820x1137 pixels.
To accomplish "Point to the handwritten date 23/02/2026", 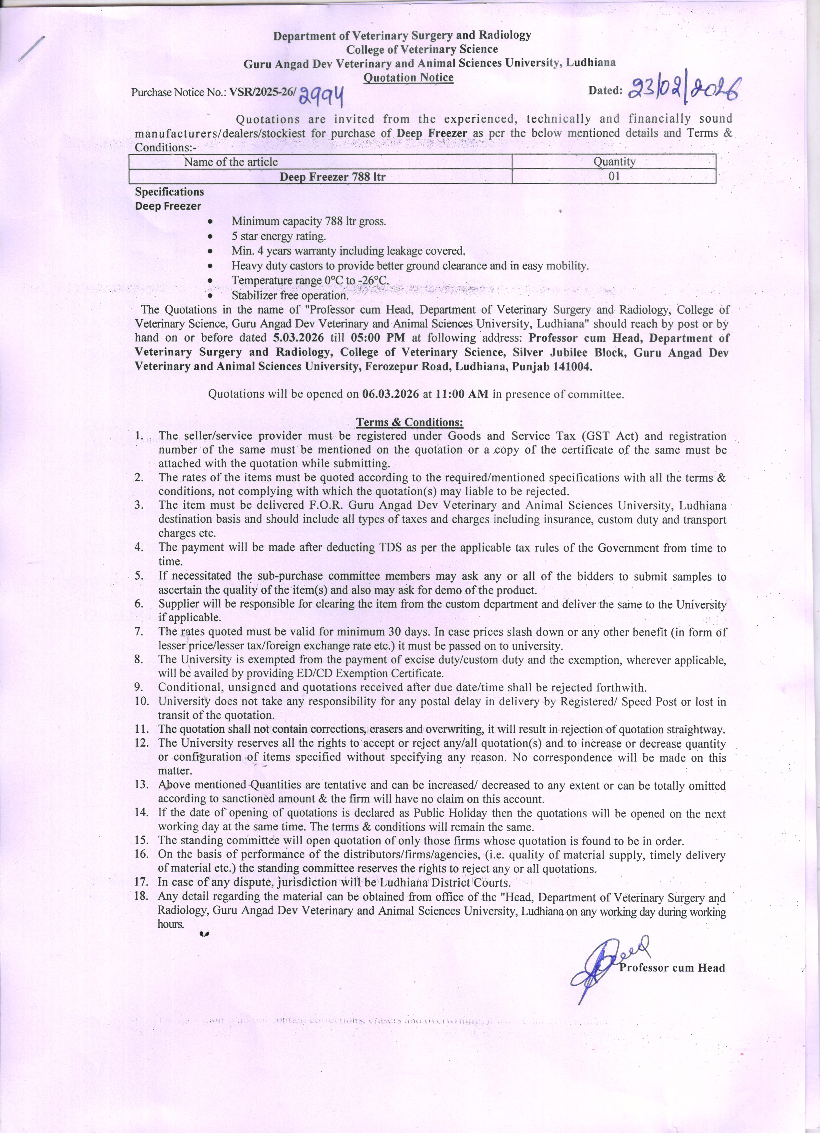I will click(x=685, y=90).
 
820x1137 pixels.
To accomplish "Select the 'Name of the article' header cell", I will click(x=231, y=161).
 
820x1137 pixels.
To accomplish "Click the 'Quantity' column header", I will click(x=614, y=161).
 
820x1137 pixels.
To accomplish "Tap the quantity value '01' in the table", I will click(x=614, y=176).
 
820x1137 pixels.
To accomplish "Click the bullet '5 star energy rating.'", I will click(x=278, y=236).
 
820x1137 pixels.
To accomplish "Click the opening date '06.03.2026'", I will click(x=390, y=394).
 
